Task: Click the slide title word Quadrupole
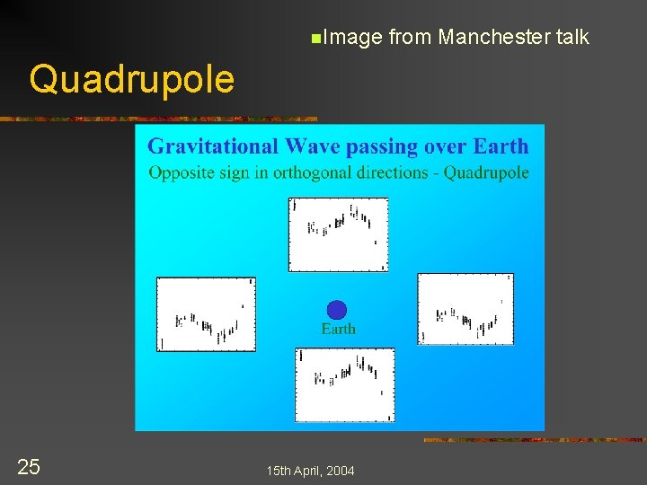point(131,79)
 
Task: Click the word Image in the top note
point(352,37)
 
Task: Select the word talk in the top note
point(572,37)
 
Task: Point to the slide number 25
point(29,466)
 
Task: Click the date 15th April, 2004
point(310,471)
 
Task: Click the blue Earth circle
point(337,310)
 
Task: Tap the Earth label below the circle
point(339,330)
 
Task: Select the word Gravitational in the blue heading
point(212,146)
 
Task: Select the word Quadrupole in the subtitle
point(486,172)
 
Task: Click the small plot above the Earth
point(339,234)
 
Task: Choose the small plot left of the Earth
point(206,313)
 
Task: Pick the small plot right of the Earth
point(465,309)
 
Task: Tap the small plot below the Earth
point(344,384)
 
